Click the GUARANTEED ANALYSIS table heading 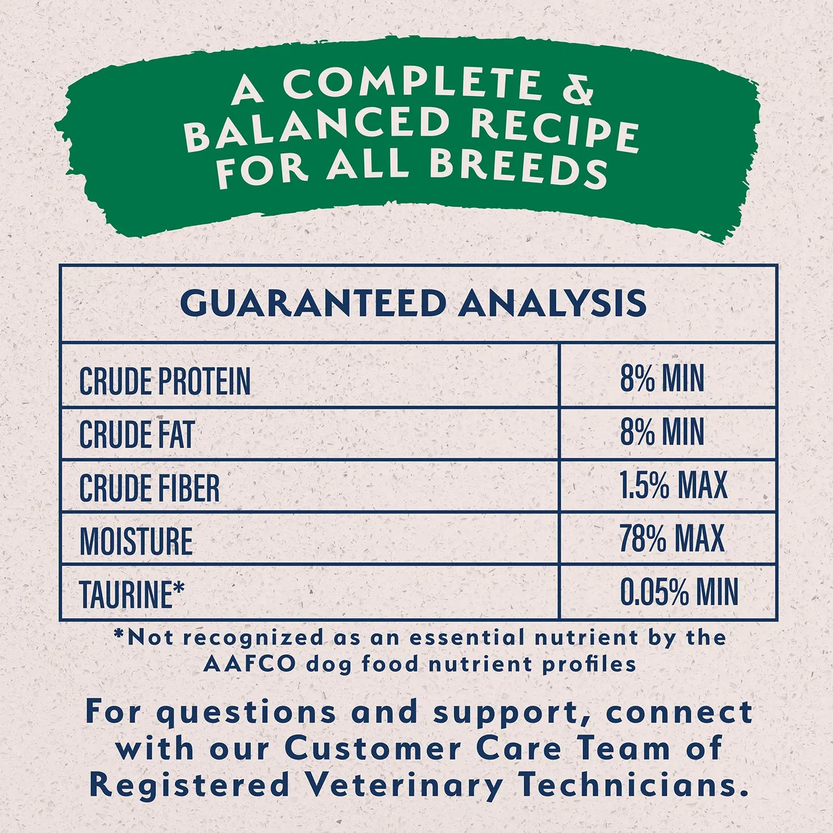(x=413, y=303)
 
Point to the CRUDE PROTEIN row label (x=165, y=381)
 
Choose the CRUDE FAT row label (x=137, y=434)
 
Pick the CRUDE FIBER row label (x=149, y=488)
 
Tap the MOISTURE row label (x=136, y=541)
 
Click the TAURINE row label (x=126, y=594)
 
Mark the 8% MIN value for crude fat (x=662, y=432)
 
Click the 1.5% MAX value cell (x=673, y=485)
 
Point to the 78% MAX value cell (x=672, y=538)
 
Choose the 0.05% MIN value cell (x=679, y=592)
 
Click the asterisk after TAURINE (x=179, y=587)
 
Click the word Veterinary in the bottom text (x=404, y=785)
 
